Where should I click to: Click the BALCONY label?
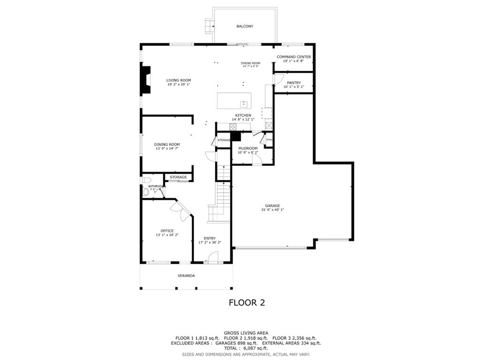click(x=245, y=26)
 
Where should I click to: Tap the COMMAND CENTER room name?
click(x=293, y=57)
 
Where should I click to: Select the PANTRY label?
click(x=294, y=83)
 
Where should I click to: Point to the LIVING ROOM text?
click(x=179, y=80)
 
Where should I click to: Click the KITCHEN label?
click(x=243, y=115)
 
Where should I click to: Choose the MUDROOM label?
click(x=248, y=148)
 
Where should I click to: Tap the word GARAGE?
click(x=272, y=205)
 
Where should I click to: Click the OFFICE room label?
click(x=167, y=231)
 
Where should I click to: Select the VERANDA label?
click(x=186, y=276)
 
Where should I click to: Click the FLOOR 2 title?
click(x=247, y=302)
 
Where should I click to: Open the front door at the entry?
click(x=213, y=258)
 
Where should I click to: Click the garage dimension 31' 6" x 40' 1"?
click(x=272, y=210)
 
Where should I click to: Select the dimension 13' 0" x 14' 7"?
click(x=167, y=149)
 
